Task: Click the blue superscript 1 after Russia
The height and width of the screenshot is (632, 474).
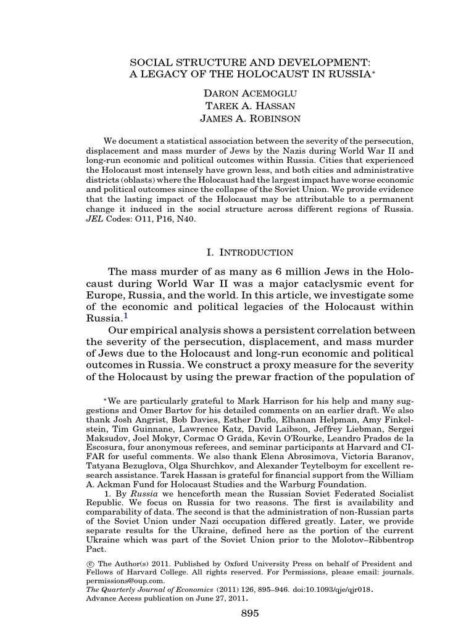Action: (126, 316)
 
